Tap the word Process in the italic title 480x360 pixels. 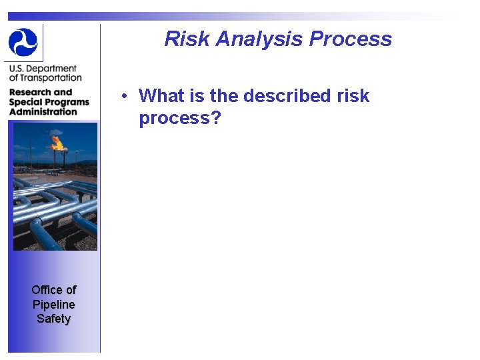pyautogui.click(x=351, y=39)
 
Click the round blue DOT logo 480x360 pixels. pyautogui.click(x=23, y=42)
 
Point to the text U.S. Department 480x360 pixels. pyautogui.click(x=43, y=69)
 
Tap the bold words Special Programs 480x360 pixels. pyautogui.click(x=49, y=102)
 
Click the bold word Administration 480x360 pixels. pyautogui.click(x=43, y=111)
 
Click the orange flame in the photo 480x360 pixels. pyautogui.click(x=57, y=142)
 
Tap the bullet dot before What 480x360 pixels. pyautogui.click(x=125, y=96)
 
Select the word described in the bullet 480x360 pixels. pyautogui.click(x=287, y=96)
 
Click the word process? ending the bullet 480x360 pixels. pyautogui.click(x=179, y=118)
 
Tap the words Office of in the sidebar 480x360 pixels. pyautogui.click(x=53, y=289)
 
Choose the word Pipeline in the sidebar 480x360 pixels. pyautogui.click(x=53, y=304)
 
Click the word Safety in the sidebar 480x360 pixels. pyautogui.click(x=53, y=319)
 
